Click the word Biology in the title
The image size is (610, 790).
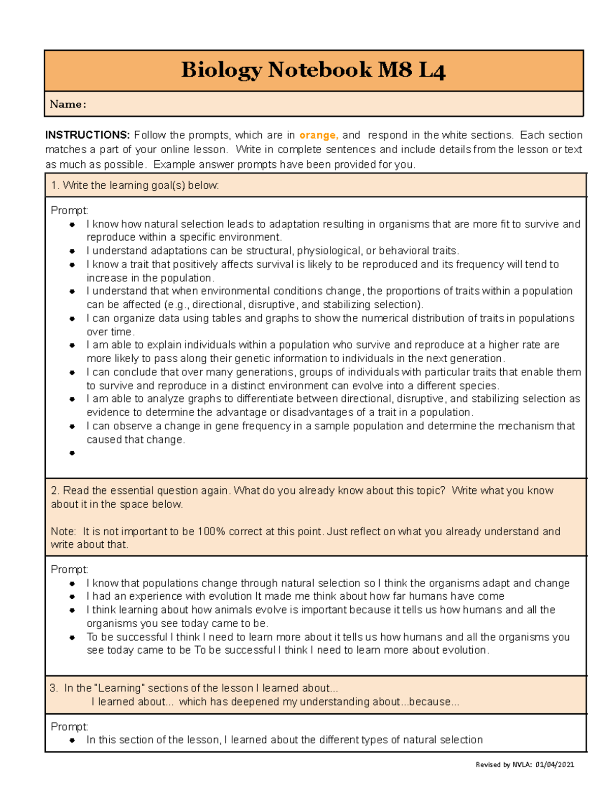pyautogui.click(x=222, y=70)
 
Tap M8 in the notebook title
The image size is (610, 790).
pyautogui.click(x=394, y=70)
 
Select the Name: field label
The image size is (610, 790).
pyautogui.click(x=68, y=104)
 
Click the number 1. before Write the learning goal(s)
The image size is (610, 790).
pyautogui.click(x=55, y=185)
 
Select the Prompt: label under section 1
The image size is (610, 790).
pyautogui.click(x=70, y=210)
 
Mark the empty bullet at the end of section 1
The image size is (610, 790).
pyautogui.click(x=72, y=453)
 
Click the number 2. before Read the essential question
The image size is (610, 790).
pyautogui.click(x=55, y=490)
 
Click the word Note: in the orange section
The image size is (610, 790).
pyautogui.click(x=63, y=532)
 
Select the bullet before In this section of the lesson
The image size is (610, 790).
pyautogui.click(x=72, y=740)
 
